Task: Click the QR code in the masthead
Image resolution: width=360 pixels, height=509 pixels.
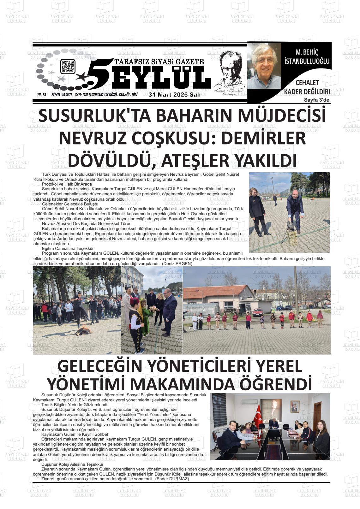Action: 68,67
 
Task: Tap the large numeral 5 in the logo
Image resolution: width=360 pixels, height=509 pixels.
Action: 100,73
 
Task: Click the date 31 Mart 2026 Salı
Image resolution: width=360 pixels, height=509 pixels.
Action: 174,95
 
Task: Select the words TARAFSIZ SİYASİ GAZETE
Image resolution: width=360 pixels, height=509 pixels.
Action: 159,62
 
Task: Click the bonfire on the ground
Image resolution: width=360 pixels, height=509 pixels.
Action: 83,331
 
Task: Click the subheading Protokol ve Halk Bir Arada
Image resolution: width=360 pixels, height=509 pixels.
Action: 67,184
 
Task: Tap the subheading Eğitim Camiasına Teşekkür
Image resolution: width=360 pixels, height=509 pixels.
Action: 68,249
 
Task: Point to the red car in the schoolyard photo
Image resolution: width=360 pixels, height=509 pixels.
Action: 257,312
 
